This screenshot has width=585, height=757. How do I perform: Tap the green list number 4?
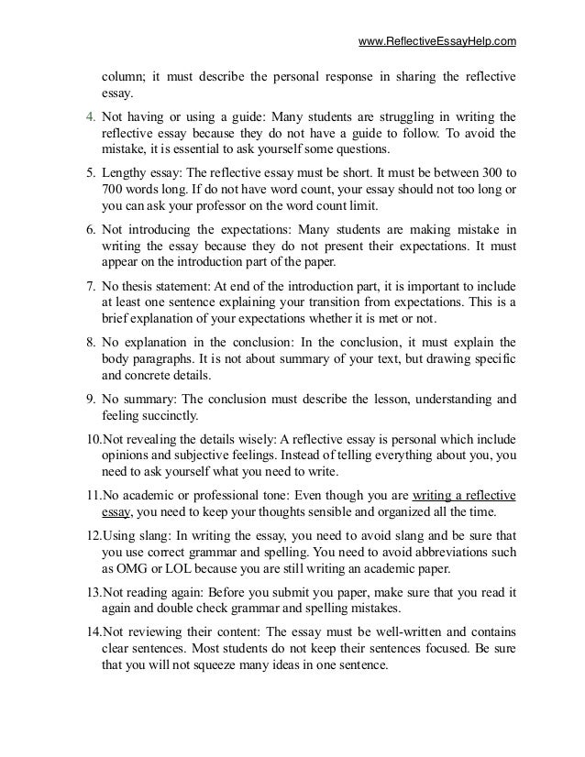click(x=79, y=116)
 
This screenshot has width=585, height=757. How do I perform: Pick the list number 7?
click(x=79, y=289)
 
